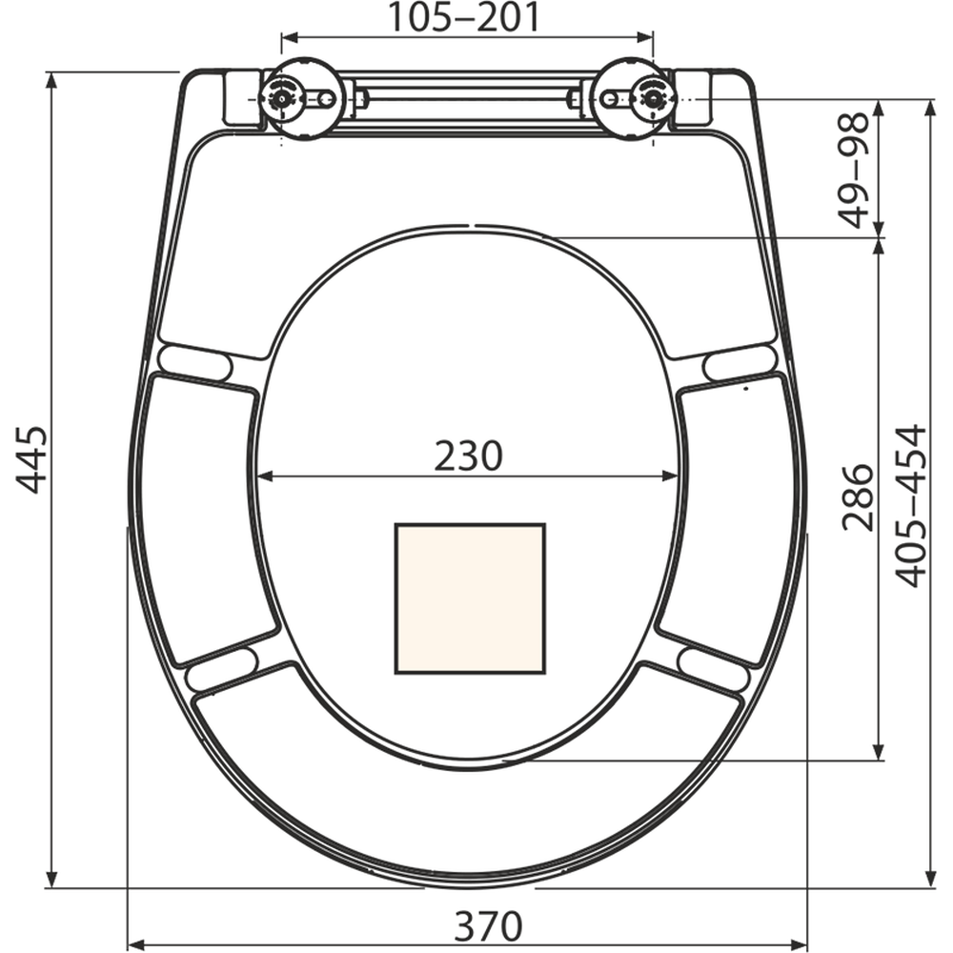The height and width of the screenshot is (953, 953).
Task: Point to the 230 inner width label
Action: [468, 456]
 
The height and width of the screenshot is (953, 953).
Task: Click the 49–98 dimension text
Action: [855, 170]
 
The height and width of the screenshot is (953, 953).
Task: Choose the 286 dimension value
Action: [857, 496]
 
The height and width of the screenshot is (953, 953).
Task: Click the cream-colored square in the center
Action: [470, 598]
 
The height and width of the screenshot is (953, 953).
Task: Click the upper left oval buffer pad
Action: [195, 363]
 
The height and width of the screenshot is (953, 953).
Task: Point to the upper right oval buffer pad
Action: [740, 362]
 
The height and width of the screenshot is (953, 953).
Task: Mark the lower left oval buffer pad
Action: [222, 668]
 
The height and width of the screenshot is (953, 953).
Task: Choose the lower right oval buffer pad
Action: [713, 668]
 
